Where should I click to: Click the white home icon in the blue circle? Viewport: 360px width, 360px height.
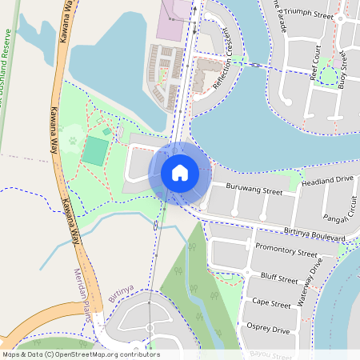pos(180,173)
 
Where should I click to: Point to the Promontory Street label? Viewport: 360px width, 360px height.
pos(286,250)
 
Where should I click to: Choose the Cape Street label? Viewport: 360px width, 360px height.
pos(270,304)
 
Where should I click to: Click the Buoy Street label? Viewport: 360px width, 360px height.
pos(345,67)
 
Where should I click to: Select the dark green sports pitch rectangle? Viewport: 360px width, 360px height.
pos(95,150)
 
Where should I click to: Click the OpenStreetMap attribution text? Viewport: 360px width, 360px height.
pos(80,354)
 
